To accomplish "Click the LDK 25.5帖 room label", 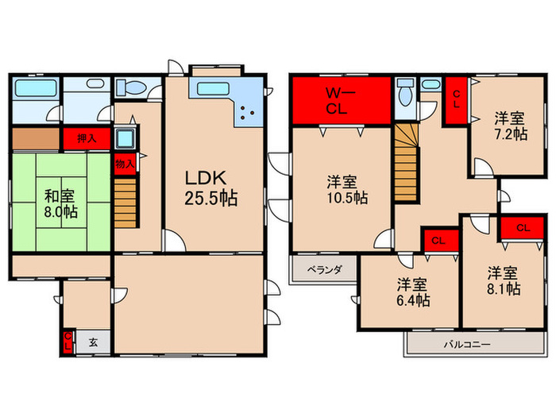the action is pyautogui.click(x=211, y=188).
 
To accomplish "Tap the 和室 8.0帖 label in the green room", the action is pyautogui.click(x=60, y=204).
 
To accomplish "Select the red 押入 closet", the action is pyautogui.click(x=87, y=138).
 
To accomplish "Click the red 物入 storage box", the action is pyautogui.click(x=125, y=164).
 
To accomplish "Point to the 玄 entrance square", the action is pyautogui.click(x=93, y=342).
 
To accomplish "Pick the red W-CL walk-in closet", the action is pyautogui.click(x=342, y=101).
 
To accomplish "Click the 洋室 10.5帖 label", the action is pyautogui.click(x=347, y=190).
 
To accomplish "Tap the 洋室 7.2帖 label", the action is pyautogui.click(x=511, y=126).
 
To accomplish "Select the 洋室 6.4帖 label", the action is pyautogui.click(x=413, y=292).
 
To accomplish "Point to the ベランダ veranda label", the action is pyautogui.click(x=325, y=270).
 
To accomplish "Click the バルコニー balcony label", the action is pyautogui.click(x=467, y=344).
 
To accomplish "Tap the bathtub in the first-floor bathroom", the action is pyautogui.click(x=36, y=87).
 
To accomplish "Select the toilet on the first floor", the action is pyautogui.click(x=130, y=87).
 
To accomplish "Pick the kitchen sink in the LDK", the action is pyautogui.click(x=212, y=88).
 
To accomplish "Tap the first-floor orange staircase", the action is pyautogui.click(x=125, y=203).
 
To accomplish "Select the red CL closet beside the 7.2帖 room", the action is pyautogui.click(x=457, y=100).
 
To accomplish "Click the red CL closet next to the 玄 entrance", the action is pyautogui.click(x=68, y=342).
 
